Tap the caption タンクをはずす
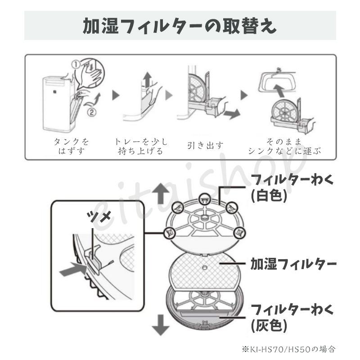(69, 146)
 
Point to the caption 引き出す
(205, 145)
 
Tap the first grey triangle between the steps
(116, 95)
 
